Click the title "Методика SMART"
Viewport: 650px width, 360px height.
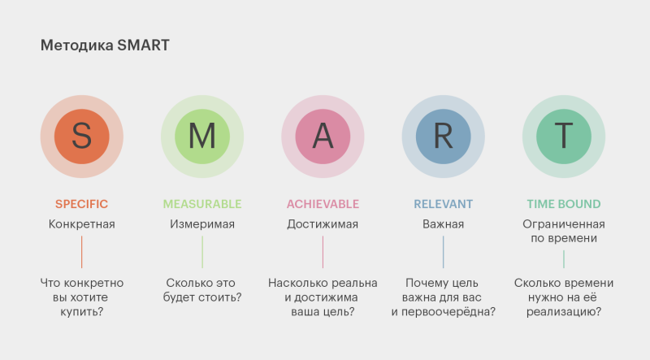coord(105,46)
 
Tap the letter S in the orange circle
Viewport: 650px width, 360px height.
coord(82,136)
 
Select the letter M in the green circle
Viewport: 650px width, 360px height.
coord(202,136)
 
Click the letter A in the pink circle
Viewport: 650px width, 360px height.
coord(323,136)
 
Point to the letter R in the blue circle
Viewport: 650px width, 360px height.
coord(443,136)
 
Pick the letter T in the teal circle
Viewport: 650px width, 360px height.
coord(564,136)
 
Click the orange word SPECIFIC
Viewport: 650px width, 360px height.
coord(82,204)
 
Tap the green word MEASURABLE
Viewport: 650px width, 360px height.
coord(202,204)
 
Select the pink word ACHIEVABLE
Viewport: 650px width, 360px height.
coord(323,204)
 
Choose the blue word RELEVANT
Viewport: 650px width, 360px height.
coord(443,204)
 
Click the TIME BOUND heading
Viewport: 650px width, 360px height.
coord(564,204)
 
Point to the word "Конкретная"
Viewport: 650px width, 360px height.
coord(82,224)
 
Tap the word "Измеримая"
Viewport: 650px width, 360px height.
coord(202,224)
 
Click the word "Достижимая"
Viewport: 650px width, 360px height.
coord(323,224)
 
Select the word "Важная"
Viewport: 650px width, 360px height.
coord(443,224)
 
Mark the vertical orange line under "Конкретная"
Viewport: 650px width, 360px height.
coord(82,252)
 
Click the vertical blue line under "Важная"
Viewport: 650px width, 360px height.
coord(443,252)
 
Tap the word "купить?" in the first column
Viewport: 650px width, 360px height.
coord(82,311)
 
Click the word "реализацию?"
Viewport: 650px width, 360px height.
coord(564,311)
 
